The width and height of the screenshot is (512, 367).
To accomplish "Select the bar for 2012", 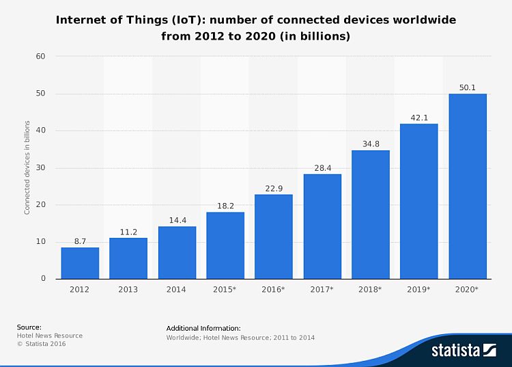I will coord(80,262).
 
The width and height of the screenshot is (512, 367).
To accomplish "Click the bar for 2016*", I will coord(274,236).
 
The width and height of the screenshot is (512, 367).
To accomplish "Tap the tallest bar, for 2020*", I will coord(468,186).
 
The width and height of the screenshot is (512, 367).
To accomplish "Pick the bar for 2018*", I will coord(371,214).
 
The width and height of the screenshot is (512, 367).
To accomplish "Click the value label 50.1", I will coord(468,87).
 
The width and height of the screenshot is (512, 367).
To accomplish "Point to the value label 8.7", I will coord(80,241).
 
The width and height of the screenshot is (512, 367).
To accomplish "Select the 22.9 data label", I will coord(274,188).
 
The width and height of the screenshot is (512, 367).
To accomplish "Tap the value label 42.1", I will coord(419,118).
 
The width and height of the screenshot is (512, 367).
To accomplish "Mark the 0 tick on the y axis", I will coord(43,279).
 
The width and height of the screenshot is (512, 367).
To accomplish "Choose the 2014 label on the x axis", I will coord(177,290).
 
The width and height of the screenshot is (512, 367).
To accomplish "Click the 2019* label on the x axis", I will coord(419,290).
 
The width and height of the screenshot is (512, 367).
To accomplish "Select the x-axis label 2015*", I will coord(225,290).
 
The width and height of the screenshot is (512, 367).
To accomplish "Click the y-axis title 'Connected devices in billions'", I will coord(27,167).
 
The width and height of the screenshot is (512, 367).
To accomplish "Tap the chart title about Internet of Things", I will coord(256,28).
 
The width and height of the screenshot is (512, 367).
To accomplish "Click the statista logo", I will coord(463,351).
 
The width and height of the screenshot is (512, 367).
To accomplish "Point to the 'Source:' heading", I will coord(29,327).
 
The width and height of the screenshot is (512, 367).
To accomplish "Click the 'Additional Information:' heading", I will coord(203,328).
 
